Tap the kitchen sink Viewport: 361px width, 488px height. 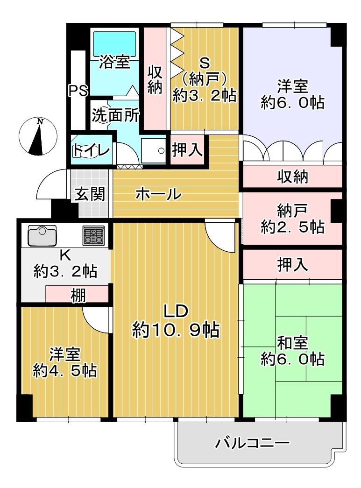point(42,235)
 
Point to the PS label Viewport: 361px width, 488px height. point(78,90)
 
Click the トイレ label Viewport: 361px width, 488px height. point(91,150)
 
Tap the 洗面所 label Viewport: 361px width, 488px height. point(115,115)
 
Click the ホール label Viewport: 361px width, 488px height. point(158,193)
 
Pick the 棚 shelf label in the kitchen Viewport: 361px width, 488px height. point(78,295)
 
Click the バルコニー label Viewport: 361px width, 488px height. point(252,443)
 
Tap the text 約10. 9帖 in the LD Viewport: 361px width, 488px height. point(176,330)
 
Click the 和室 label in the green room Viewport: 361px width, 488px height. point(292,343)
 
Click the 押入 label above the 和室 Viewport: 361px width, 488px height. point(292,265)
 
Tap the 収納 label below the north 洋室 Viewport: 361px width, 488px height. point(292,177)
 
